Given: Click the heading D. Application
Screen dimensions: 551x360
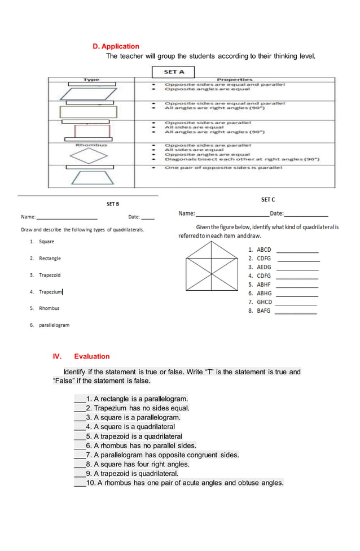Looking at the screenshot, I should click(116, 46).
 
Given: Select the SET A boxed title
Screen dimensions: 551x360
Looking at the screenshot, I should click(174, 72).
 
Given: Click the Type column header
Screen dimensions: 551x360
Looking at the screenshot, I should click(91, 80).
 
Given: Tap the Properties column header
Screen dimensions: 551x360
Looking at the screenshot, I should click(234, 80).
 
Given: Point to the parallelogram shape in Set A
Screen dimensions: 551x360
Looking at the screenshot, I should click(88, 93).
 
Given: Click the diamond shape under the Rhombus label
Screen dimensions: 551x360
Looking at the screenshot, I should click(88, 156).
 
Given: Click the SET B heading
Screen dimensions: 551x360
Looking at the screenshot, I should click(113, 204).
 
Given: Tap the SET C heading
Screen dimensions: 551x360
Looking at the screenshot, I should click(268, 200).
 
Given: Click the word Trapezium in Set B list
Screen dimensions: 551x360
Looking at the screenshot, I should click(50, 292).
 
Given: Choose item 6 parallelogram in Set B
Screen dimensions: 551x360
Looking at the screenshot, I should click(54, 325).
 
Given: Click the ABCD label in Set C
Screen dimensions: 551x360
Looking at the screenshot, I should click(264, 250).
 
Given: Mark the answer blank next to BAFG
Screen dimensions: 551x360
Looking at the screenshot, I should click(295, 312).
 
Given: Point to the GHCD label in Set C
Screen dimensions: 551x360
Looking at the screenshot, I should click(264, 302).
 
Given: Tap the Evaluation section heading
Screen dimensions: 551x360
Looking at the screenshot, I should click(91, 356).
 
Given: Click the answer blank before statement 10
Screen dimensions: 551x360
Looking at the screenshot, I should click(79, 483).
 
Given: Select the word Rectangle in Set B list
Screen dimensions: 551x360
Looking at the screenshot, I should click(50, 259).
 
